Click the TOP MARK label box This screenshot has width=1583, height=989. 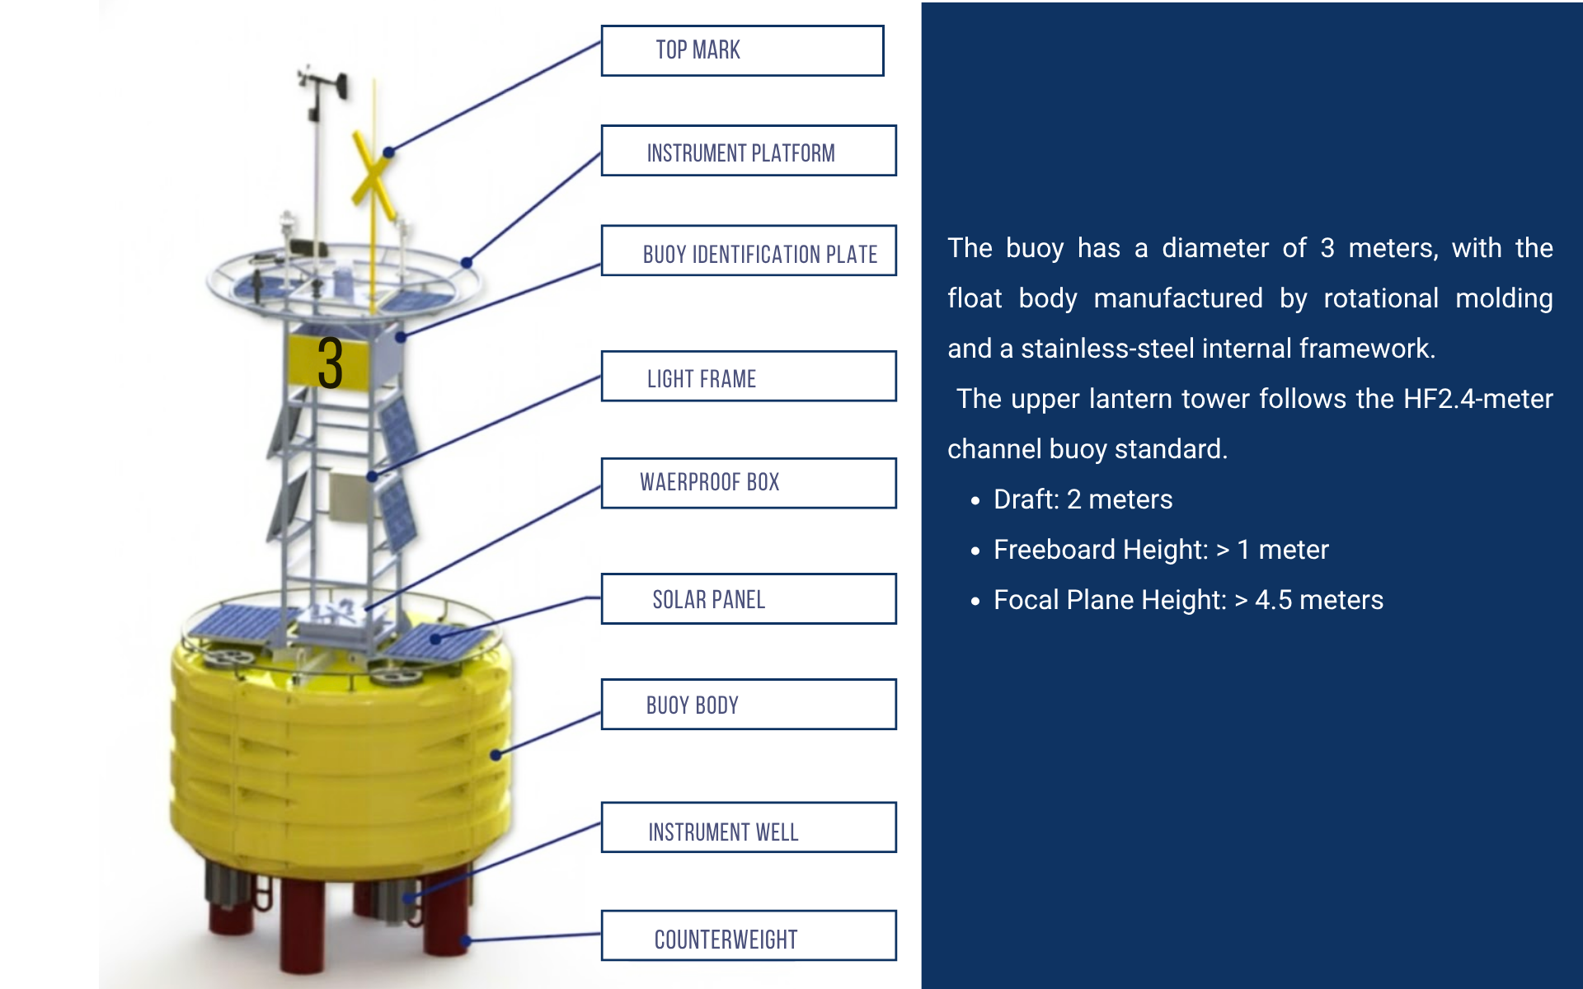tap(742, 51)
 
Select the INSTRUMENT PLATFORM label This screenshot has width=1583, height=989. tap(748, 151)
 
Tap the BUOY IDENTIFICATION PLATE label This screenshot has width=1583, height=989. tap(748, 251)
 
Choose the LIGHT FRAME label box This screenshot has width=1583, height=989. tap(748, 377)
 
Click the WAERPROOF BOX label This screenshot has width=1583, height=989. tap(748, 483)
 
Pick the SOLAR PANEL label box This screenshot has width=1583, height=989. tap(748, 599)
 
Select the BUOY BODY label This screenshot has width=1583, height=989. tap(748, 705)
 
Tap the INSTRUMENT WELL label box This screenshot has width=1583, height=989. tap(748, 827)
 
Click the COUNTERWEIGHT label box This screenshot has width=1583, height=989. tap(748, 935)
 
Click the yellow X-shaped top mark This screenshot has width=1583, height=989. tap(372, 177)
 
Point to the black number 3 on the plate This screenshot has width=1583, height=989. tap(330, 363)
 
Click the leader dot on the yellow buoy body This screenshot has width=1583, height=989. tap(496, 754)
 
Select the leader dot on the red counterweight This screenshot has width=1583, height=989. tap(466, 940)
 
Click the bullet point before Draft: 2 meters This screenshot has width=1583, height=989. tap(975, 501)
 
